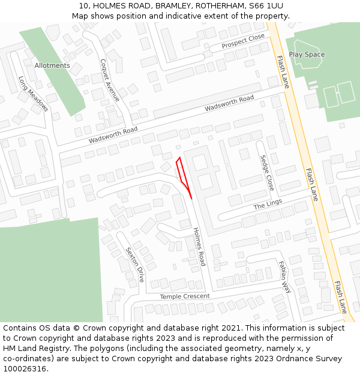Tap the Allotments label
point(52,65)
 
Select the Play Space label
point(307,55)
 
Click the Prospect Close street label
point(243,41)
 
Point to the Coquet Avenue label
point(110,80)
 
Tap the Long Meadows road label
point(33,94)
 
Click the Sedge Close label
point(267,173)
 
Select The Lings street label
point(267,205)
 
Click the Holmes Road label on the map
point(199,247)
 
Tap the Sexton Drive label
point(135,265)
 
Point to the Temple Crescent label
point(185,296)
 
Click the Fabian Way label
point(284,277)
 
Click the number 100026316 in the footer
point(26,368)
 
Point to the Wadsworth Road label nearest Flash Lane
point(229,103)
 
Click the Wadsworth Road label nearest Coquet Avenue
point(113,134)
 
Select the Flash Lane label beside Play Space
point(283,72)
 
